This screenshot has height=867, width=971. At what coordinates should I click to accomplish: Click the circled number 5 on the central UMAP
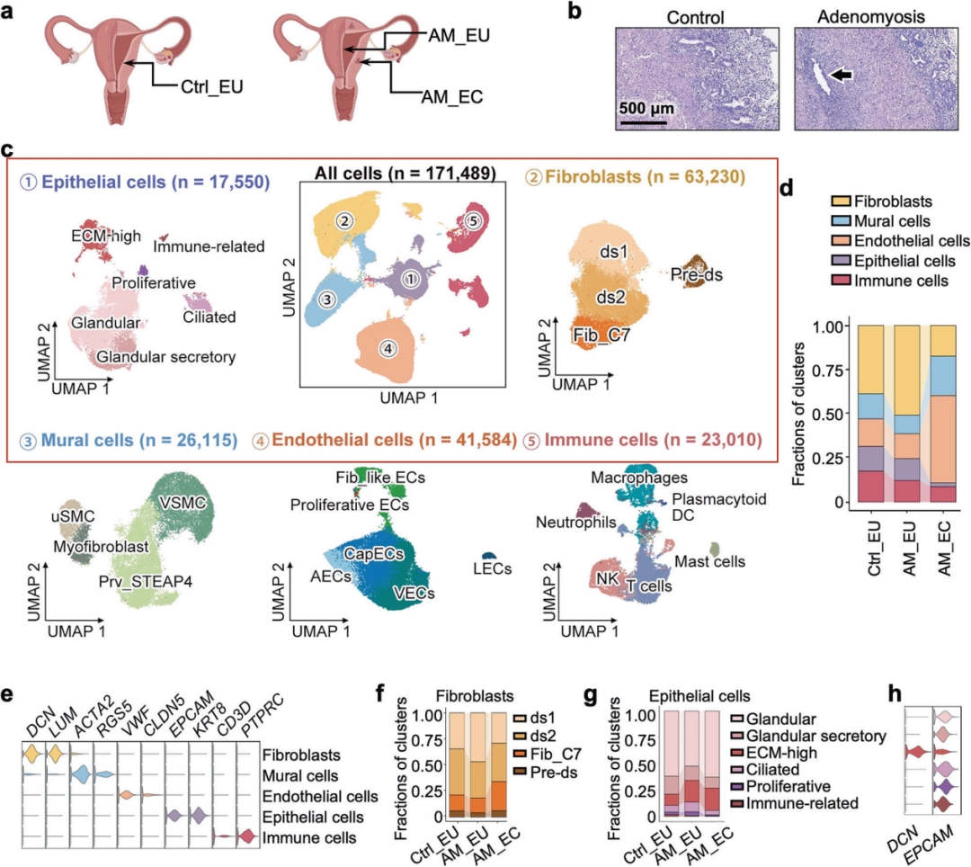click(474, 219)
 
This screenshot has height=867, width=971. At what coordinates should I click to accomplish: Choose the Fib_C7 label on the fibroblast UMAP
click(597, 335)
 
